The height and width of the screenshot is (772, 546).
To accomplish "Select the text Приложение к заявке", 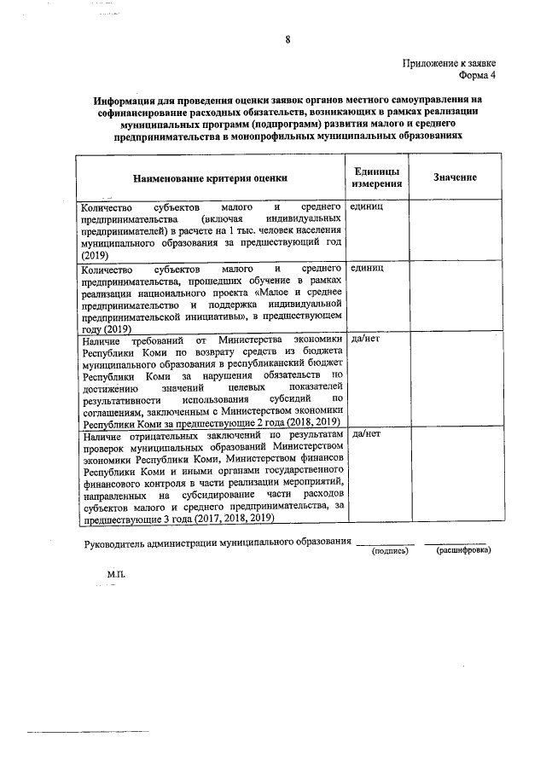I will click(x=450, y=63).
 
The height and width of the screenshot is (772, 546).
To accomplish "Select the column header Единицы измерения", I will click(x=376, y=177).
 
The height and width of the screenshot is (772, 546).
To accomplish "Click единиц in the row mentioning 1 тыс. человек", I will click(x=367, y=207).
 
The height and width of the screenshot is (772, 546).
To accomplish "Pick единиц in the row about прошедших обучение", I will click(x=367, y=268).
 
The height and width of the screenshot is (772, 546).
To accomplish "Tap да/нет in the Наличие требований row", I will click(x=365, y=339).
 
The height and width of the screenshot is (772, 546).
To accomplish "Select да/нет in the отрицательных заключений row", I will click(x=365, y=434).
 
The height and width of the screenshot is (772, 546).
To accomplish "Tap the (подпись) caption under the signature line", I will click(x=390, y=551).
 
